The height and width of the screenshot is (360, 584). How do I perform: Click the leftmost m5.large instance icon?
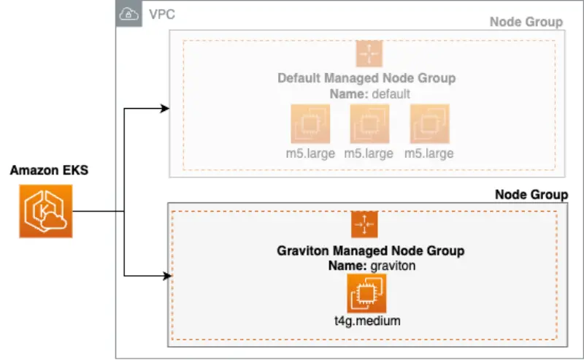point(310,123)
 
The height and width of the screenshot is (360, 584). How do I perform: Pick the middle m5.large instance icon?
point(370,123)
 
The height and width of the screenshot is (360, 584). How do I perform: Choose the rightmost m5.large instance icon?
point(430,123)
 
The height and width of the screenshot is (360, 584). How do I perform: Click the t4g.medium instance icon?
point(366,294)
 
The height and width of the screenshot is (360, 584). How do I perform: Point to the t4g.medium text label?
point(366,320)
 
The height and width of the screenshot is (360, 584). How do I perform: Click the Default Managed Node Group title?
point(366,78)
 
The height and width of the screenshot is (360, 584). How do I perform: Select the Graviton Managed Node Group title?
point(371,251)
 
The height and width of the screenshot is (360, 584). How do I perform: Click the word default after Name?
point(391,93)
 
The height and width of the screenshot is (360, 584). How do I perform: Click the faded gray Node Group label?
point(526,22)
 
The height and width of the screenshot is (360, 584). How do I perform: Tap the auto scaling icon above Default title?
point(369,54)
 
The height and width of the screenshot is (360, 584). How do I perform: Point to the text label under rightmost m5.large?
point(430,153)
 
